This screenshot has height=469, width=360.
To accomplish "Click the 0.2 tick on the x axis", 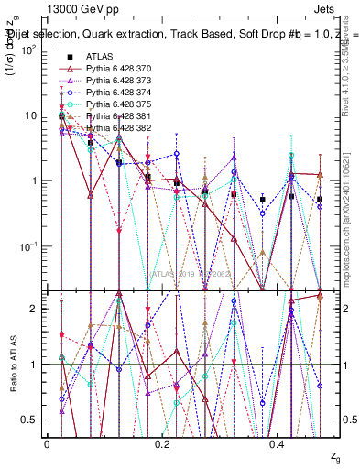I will click(162, 442).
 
